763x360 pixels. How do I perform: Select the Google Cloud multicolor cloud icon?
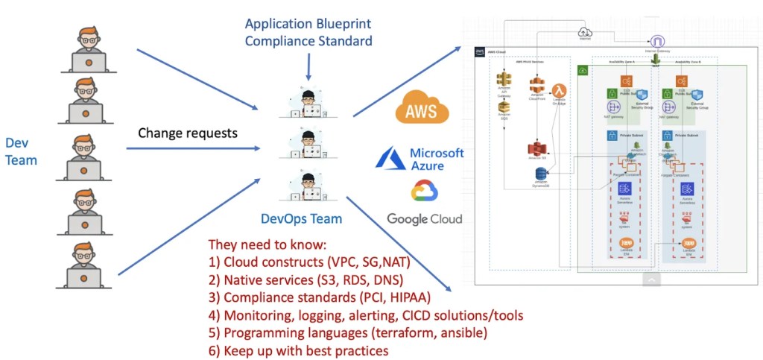(x=424, y=192)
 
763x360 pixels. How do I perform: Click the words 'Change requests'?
(x=188, y=134)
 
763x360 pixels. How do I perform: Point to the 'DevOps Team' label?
(x=302, y=219)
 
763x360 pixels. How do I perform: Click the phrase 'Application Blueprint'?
(x=308, y=24)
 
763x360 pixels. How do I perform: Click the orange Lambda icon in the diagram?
(x=560, y=92)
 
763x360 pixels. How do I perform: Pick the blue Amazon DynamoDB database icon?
(x=542, y=174)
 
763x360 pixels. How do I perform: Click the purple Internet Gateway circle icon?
(x=657, y=42)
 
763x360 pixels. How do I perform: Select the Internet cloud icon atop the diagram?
(x=584, y=32)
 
